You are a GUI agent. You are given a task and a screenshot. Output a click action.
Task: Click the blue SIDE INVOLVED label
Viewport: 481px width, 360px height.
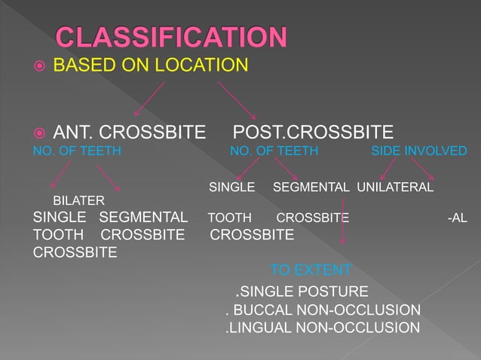coord(419,151)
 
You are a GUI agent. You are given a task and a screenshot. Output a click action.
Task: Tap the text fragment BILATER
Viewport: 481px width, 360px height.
coord(78,200)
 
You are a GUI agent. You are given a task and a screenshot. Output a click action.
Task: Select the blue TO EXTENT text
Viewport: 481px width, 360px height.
coord(311,270)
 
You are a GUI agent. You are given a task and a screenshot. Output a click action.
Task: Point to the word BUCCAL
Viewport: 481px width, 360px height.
coord(262,310)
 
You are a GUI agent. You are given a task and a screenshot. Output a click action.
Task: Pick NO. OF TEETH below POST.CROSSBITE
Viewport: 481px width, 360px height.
coord(274,151)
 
